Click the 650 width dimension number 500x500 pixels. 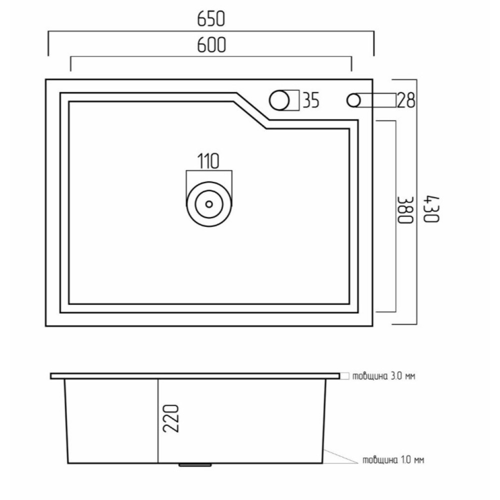(211, 19)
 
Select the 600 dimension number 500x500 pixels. (211, 45)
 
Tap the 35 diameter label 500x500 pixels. (310, 100)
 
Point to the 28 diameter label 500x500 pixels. (406, 100)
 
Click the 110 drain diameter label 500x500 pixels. (208, 161)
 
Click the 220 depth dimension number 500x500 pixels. (170, 418)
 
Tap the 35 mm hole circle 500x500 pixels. (279, 100)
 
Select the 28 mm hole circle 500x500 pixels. (353, 100)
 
